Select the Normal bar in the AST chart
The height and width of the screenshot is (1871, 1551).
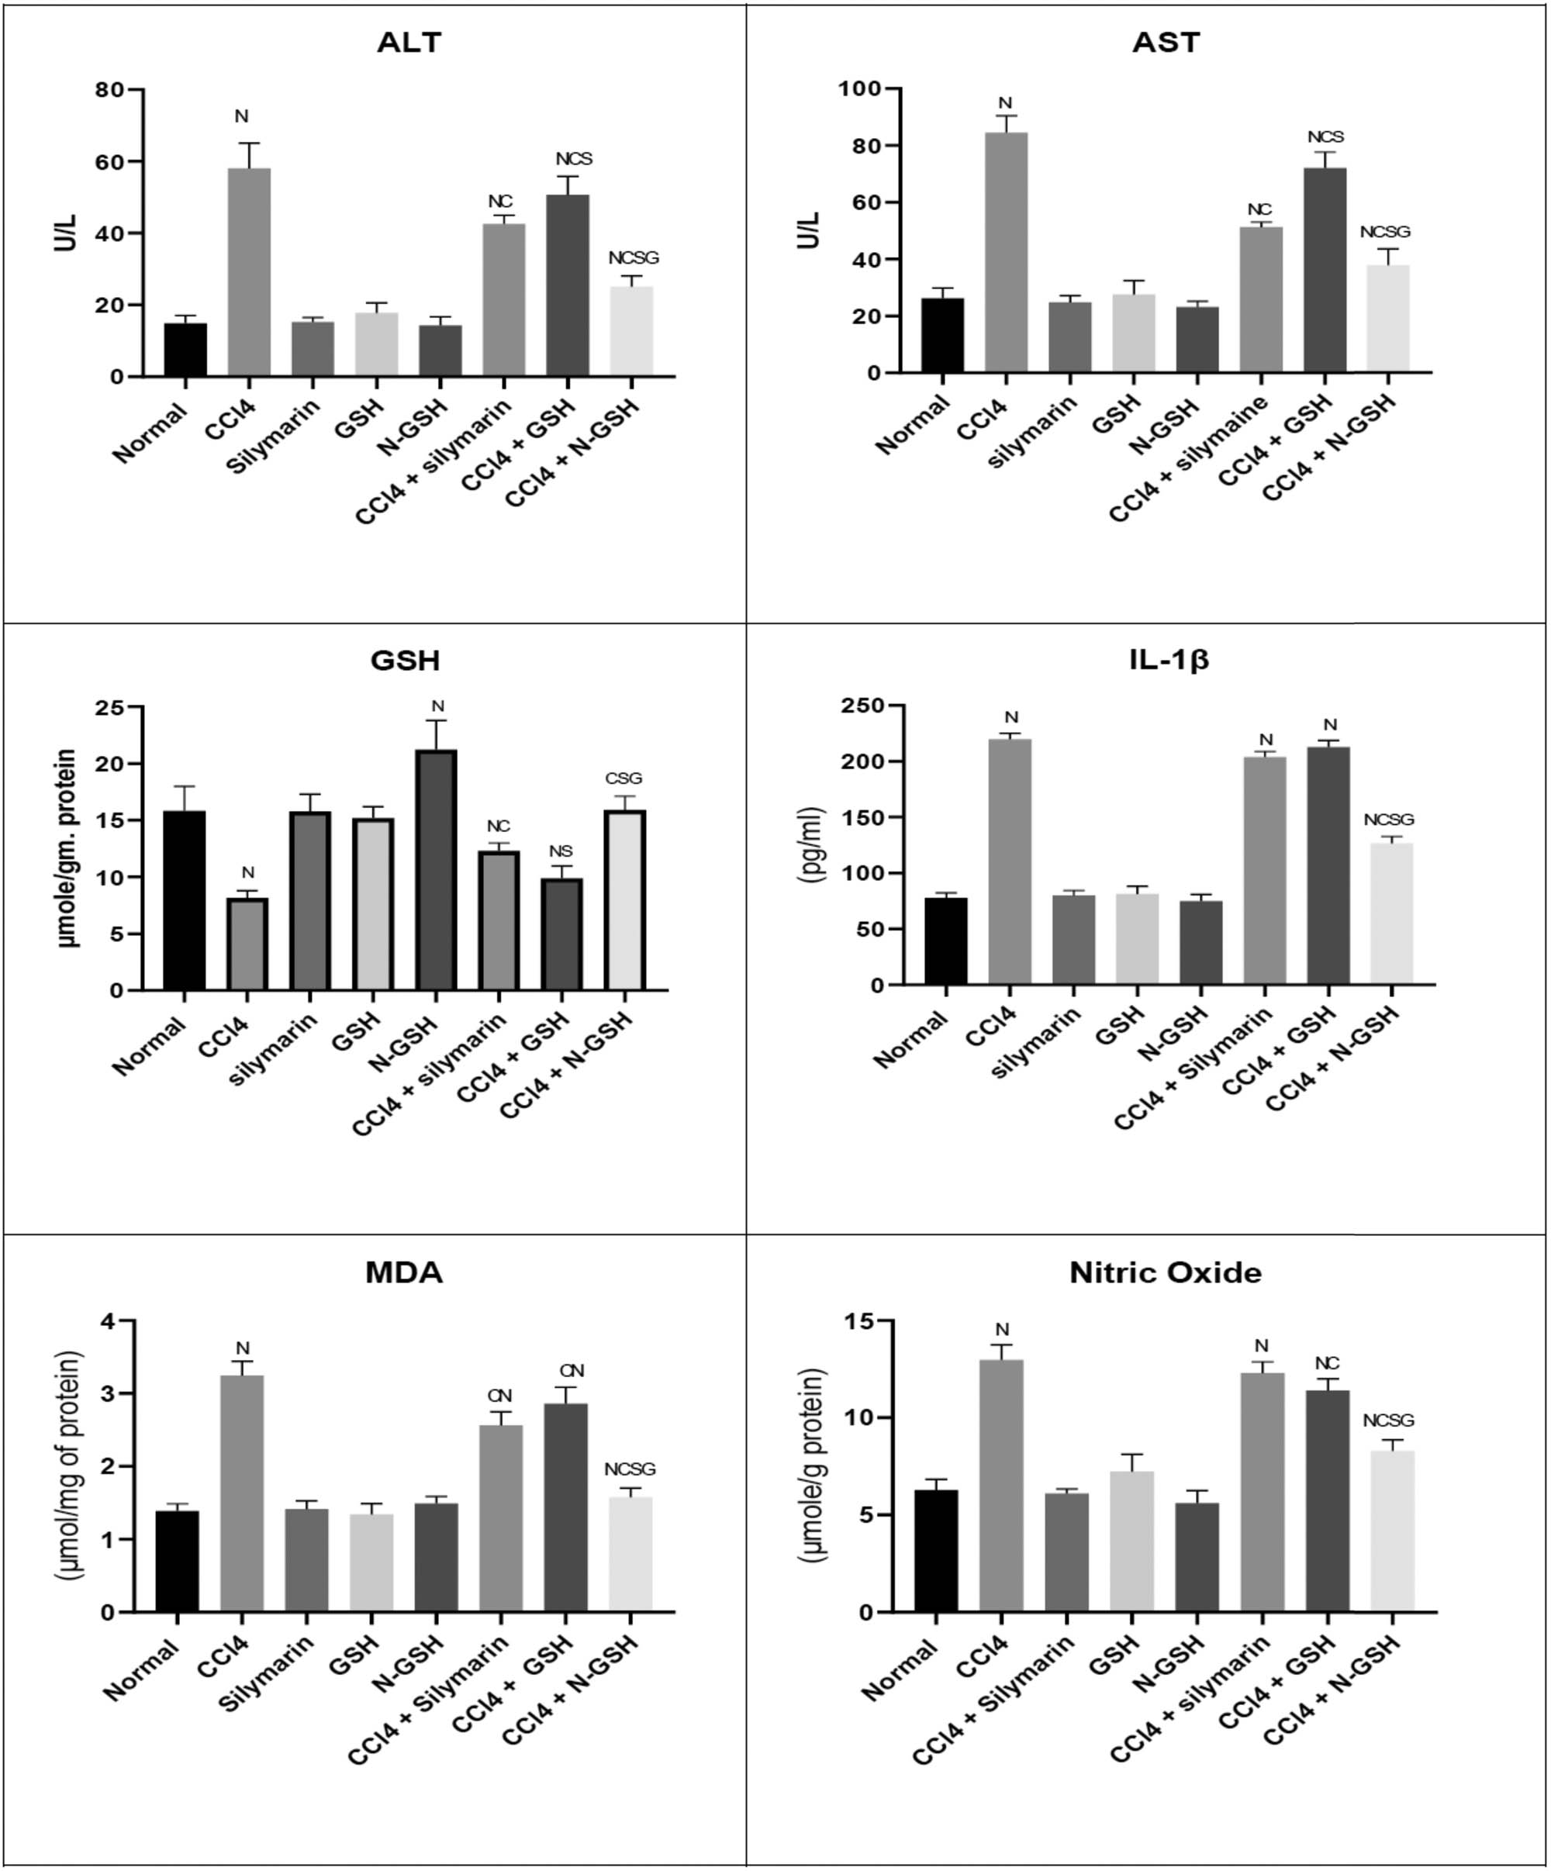tap(942, 335)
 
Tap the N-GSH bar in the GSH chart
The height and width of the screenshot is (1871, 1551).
tap(437, 869)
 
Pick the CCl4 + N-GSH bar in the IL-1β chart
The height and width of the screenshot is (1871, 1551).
tap(1391, 913)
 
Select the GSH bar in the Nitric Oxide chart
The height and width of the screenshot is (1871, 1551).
tap(1132, 1541)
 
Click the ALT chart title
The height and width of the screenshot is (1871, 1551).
tap(409, 42)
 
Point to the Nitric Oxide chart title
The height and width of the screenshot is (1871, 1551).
tap(1166, 1273)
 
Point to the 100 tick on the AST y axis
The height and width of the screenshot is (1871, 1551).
tap(861, 89)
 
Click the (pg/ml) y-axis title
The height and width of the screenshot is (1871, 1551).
tap(813, 844)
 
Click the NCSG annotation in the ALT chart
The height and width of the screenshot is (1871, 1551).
tap(634, 258)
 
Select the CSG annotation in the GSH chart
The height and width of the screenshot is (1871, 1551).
tap(624, 778)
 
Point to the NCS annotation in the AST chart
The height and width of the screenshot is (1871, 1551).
tap(1325, 137)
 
